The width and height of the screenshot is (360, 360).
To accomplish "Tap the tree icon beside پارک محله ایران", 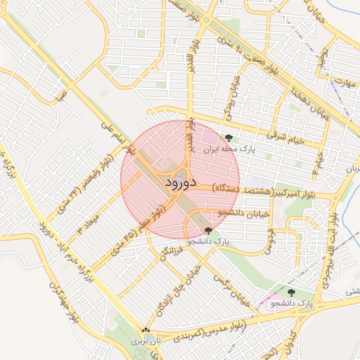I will (229, 138).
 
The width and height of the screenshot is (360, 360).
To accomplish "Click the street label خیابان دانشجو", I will (240, 212).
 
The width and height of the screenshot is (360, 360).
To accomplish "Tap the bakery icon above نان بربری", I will (146, 330).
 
